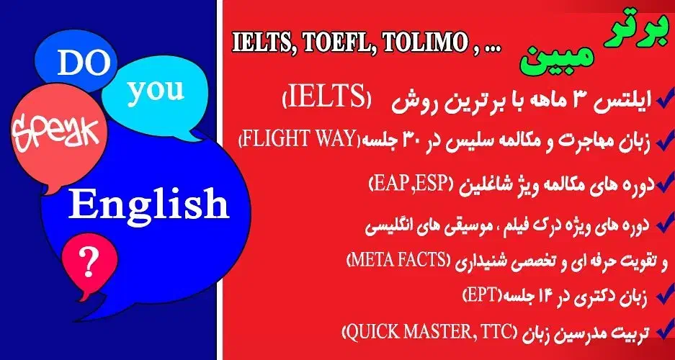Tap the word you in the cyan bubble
[x=157, y=90]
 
